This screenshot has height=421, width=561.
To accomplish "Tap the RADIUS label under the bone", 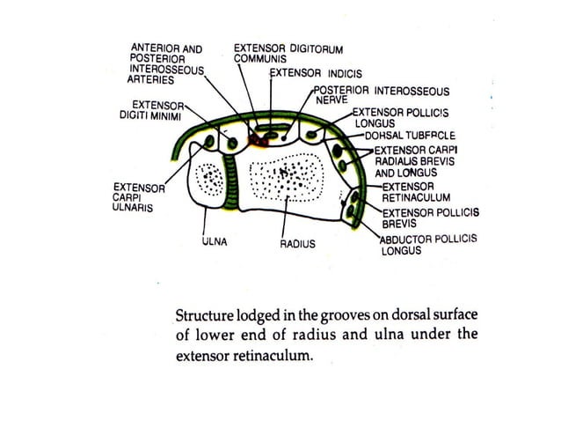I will (297, 242).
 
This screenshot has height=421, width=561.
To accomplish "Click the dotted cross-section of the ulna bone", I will (211, 181).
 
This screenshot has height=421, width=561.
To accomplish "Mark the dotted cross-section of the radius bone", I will (287, 179).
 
